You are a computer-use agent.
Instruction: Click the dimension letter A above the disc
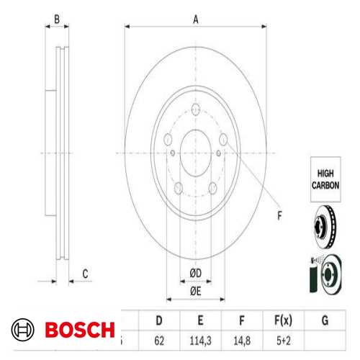[x=195, y=20]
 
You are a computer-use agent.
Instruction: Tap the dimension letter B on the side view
[x=57, y=20]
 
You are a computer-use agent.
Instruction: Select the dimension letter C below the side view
[x=85, y=273]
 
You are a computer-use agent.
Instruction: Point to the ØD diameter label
[x=195, y=272]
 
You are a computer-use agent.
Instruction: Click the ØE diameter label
[x=195, y=290]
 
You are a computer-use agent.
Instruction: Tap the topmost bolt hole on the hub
[x=195, y=111]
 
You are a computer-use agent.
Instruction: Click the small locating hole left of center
[x=174, y=153]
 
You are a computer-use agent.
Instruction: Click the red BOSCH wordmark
[x=79, y=330]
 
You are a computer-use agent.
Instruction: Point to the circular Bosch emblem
[x=23, y=330]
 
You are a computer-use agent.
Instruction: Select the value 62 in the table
[x=158, y=338]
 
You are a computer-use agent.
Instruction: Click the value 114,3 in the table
[x=201, y=338]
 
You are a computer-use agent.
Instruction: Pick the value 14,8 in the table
[x=243, y=338]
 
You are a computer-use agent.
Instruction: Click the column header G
[x=326, y=318]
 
